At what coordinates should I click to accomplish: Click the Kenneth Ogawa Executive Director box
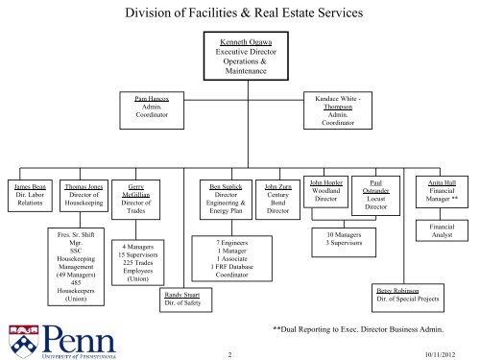click(x=237, y=60)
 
